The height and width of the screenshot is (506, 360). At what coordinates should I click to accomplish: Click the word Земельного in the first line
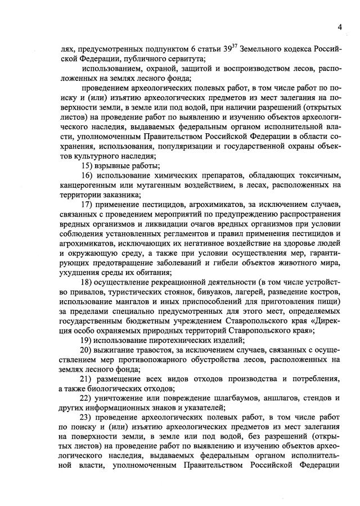pyautogui.click(x=264, y=49)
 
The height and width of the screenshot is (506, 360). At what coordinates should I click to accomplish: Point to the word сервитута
pyautogui.click(x=184, y=59)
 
